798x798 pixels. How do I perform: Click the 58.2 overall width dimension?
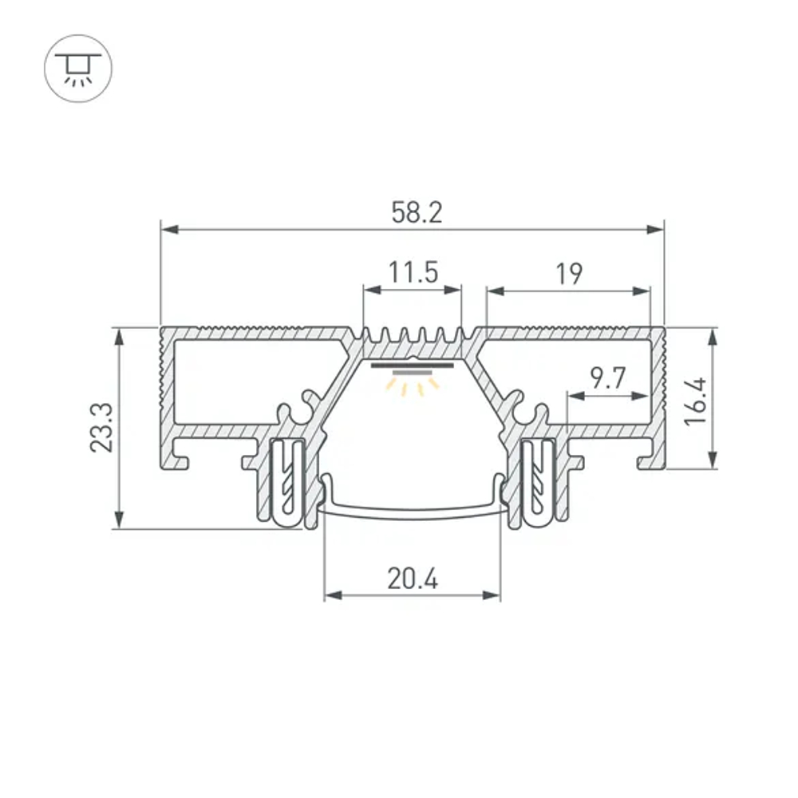click(416, 212)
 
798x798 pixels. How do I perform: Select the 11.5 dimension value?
click(413, 273)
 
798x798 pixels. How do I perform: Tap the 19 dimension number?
click(569, 274)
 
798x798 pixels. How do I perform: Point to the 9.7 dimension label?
click(607, 378)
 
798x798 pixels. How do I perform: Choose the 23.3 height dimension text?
click(101, 428)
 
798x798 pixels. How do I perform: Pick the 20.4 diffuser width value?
click(413, 579)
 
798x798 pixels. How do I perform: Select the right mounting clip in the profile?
click(537, 482)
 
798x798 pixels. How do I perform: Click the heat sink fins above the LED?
click(413, 339)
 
